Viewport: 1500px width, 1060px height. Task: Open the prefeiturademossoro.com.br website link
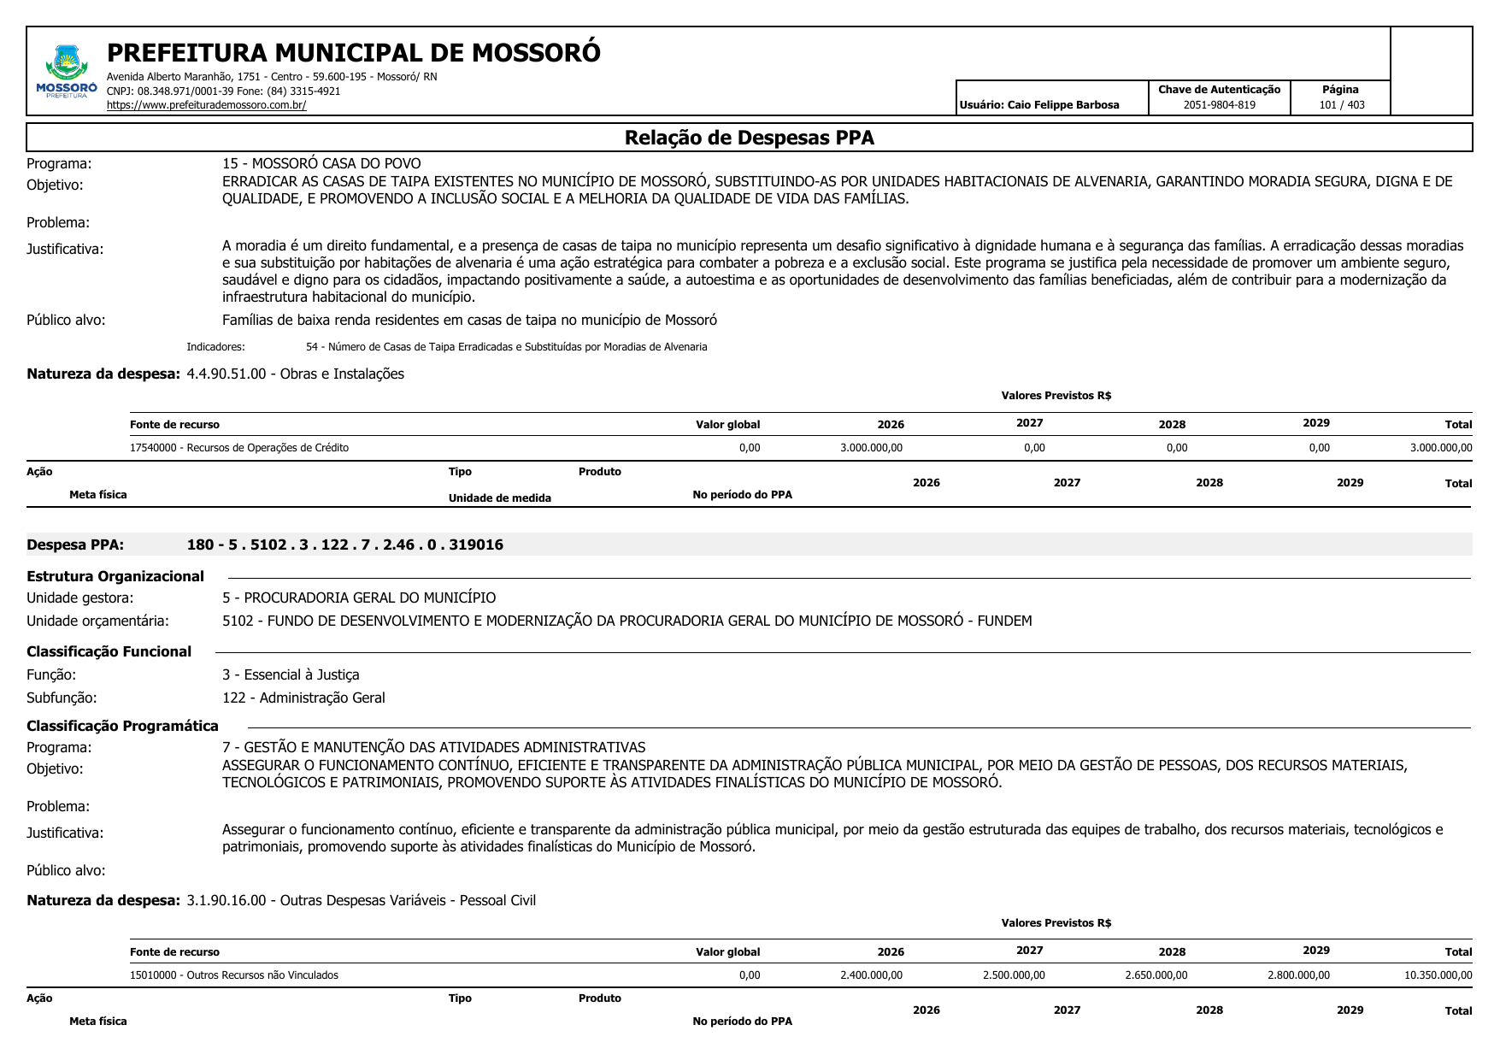tap(206, 105)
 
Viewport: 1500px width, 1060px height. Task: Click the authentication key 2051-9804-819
tap(1219, 105)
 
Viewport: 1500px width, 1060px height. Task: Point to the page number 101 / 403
tap(1341, 105)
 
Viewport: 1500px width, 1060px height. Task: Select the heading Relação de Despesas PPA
tap(749, 138)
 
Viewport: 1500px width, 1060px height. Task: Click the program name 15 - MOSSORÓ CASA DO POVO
tap(321, 163)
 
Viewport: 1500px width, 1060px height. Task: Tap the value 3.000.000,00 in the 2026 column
tap(871, 448)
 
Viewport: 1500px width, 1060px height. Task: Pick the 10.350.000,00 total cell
tap(1438, 975)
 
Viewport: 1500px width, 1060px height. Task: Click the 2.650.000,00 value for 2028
tap(1156, 975)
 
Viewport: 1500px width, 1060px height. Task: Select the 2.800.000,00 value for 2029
tap(1298, 975)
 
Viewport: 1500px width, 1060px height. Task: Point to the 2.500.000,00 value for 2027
tap(1014, 975)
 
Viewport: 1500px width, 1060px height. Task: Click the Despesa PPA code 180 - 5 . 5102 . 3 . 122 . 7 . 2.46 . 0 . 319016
tap(344, 545)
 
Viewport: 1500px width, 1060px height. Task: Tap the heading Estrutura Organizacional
tap(115, 576)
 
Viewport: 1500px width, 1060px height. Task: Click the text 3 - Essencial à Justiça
tap(291, 674)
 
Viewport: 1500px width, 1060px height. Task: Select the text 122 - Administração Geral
tap(303, 698)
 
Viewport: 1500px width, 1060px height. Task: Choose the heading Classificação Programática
tap(122, 726)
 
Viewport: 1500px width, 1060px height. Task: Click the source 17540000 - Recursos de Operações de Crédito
tap(239, 448)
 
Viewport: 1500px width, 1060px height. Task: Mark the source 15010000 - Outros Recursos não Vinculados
tap(234, 975)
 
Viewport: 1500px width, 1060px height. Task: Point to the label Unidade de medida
tap(500, 498)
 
